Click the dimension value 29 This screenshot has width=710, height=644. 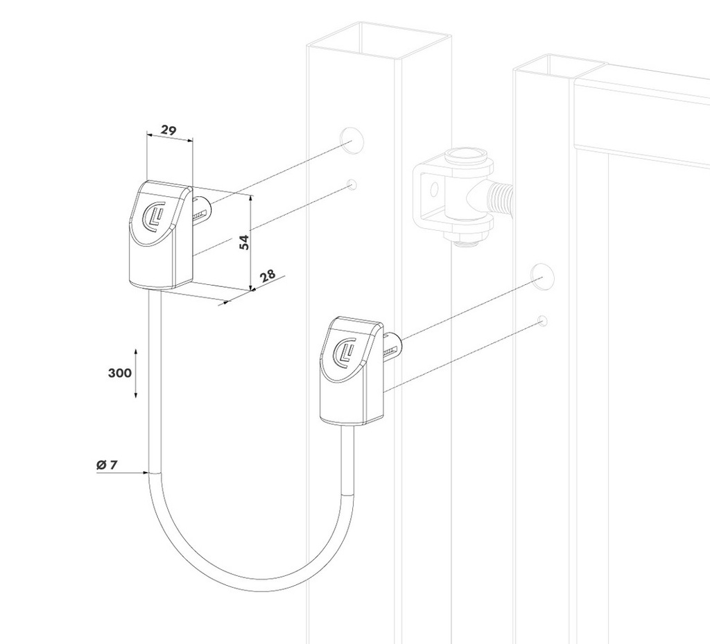click(168, 130)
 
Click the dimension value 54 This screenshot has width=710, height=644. click(244, 242)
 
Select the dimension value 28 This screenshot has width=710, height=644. click(266, 275)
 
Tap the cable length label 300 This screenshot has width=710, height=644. click(120, 373)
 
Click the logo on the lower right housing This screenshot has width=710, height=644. click(345, 351)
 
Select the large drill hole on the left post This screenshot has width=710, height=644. click(352, 139)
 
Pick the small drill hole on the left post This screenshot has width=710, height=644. click(352, 184)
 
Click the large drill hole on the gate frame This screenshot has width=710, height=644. click(543, 276)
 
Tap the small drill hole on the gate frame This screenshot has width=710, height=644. click(542, 320)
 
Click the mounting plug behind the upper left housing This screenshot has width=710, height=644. click(201, 207)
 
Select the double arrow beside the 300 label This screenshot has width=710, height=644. click(136, 373)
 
